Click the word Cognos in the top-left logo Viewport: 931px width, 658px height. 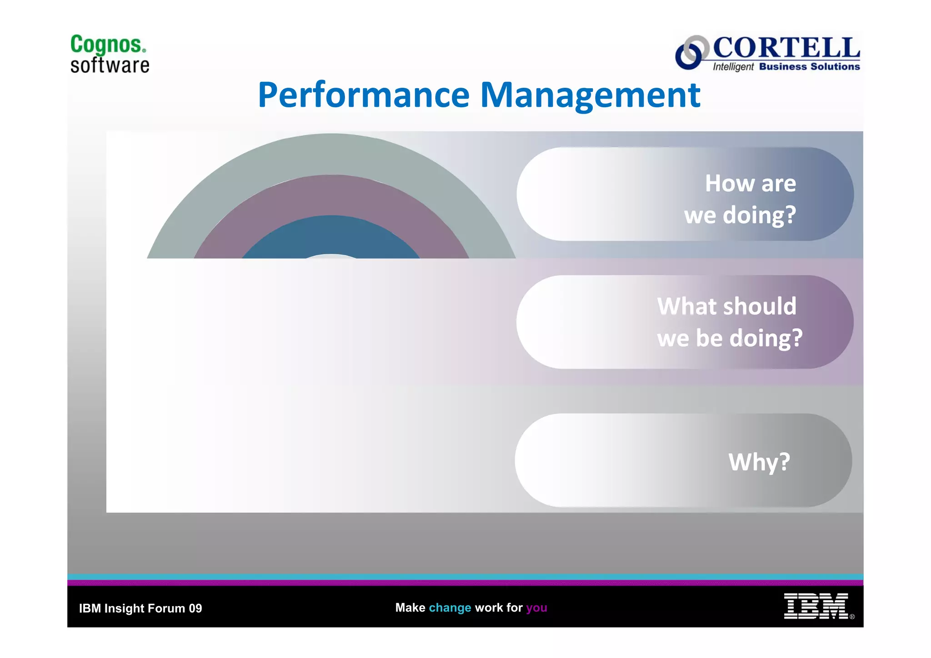tap(108, 45)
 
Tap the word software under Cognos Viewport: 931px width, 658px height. tap(110, 65)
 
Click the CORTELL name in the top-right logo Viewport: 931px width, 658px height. tap(786, 48)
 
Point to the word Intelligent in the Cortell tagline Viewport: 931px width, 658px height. tap(733, 67)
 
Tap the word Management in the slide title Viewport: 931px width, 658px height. tap(590, 95)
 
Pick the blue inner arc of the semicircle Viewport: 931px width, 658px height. tap(331, 234)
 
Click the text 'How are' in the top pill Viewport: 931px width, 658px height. tap(750, 184)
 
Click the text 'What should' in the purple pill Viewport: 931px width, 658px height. tap(726, 306)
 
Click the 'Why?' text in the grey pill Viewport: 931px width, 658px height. tap(759, 462)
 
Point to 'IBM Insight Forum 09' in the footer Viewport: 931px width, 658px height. tap(140, 608)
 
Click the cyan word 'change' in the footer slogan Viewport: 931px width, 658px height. tap(450, 608)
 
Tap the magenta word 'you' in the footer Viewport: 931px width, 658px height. tap(536, 608)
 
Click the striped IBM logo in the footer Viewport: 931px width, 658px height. tap(816, 606)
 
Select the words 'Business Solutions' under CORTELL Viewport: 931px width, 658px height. tap(809, 67)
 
